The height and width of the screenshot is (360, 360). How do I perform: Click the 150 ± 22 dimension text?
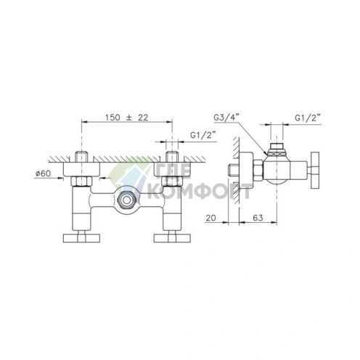click(x=126, y=118)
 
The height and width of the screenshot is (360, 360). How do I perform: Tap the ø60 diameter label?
click(x=43, y=173)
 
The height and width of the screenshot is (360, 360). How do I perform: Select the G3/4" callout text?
click(x=226, y=118)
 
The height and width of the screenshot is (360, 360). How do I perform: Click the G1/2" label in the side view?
click(x=308, y=118)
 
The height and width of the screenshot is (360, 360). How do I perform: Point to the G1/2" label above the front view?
click(x=203, y=135)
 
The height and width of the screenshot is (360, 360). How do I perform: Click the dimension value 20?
click(x=211, y=218)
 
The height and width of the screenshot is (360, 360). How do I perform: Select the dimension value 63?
click(x=258, y=218)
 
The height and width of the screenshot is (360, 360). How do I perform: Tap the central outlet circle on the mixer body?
click(x=126, y=200)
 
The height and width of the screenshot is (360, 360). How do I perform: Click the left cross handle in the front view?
click(x=81, y=238)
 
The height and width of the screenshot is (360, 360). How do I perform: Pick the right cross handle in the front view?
click(x=172, y=238)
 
